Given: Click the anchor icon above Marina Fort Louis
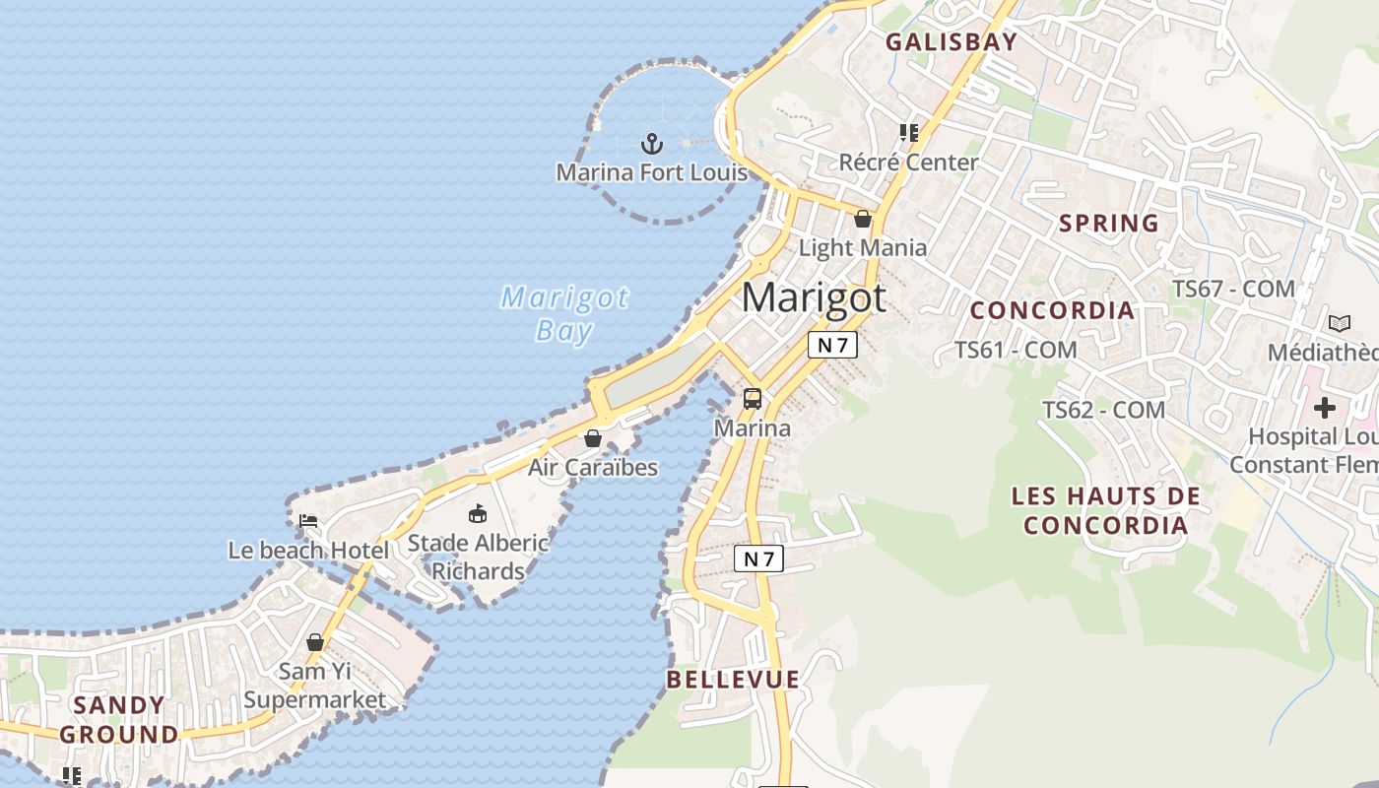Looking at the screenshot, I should pos(651,144).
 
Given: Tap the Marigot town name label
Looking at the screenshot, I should pos(814,297).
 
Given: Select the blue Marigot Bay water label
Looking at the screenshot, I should pos(564,313).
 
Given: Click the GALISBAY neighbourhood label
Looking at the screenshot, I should pos(951,41).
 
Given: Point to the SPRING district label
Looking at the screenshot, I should pos(1109,224).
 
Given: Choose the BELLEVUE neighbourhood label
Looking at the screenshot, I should pos(733,679).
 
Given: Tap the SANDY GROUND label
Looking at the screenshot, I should pos(119,720).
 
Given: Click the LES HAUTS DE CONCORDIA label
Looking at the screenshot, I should pos(1106,510).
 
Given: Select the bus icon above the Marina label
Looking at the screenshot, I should pos(753,399).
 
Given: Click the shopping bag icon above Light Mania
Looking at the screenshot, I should pos(863,219).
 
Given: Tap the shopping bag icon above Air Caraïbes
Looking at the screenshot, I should pos(593,438).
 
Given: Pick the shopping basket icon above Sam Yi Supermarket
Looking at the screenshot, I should pos(315,643).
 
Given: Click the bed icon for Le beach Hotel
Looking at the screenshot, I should pos(308,520).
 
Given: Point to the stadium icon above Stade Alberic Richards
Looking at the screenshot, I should pos(478,513).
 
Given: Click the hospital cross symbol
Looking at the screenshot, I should pos(1325,407).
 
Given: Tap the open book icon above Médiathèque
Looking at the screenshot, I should pos(1339,323).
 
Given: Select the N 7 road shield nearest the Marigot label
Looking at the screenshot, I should pos(832,345).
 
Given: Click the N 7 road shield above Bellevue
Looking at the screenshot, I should pos(758,559).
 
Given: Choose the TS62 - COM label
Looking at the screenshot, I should pos(1103,410).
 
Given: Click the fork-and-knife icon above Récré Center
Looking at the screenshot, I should pos(908,133).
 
